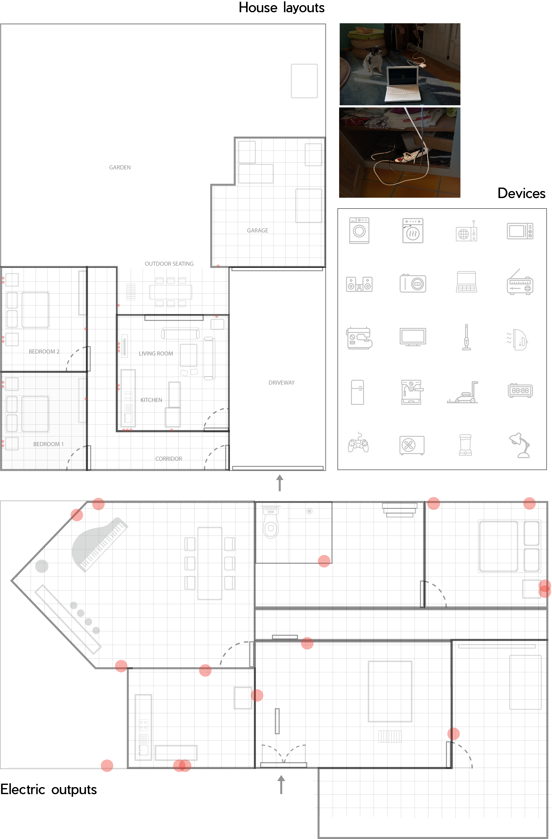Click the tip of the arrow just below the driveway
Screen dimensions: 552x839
[x=280, y=475]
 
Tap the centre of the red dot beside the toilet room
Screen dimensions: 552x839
[x=324, y=561]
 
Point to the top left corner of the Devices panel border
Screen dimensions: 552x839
[x=338, y=209]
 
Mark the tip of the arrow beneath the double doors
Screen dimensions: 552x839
[x=281, y=775]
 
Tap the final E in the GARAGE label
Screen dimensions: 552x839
[x=266, y=231]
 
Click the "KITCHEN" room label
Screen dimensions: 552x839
[x=151, y=400]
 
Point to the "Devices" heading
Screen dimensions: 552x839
[x=521, y=194]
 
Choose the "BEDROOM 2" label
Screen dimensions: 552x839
[x=44, y=351]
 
